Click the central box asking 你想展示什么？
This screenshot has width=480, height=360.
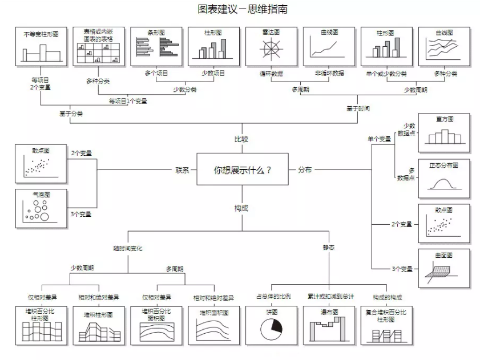tap(243, 169)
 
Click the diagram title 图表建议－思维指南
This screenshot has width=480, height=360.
tap(243, 9)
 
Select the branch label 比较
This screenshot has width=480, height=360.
tap(241, 139)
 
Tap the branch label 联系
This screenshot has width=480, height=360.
tap(182, 170)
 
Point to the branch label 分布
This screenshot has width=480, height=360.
tap(305, 170)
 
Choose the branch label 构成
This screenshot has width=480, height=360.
tap(241, 208)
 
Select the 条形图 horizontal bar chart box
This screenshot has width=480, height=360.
tap(156, 47)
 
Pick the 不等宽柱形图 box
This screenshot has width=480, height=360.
tap(41, 47)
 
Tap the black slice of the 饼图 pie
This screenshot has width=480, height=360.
tap(276, 326)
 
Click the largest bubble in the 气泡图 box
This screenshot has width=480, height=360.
tap(45, 217)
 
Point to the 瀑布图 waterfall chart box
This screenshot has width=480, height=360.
tap(329, 326)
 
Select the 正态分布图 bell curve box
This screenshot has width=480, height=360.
tap(444, 179)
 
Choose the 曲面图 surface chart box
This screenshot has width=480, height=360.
tap(444, 268)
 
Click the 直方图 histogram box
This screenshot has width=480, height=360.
tap(444, 133)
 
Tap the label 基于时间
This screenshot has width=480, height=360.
tap(358, 108)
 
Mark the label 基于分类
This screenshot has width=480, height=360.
tap(71, 114)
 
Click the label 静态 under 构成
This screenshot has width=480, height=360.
tap(329, 248)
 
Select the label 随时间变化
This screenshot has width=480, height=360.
tap(128, 249)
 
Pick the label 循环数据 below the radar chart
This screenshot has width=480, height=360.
tap(271, 74)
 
